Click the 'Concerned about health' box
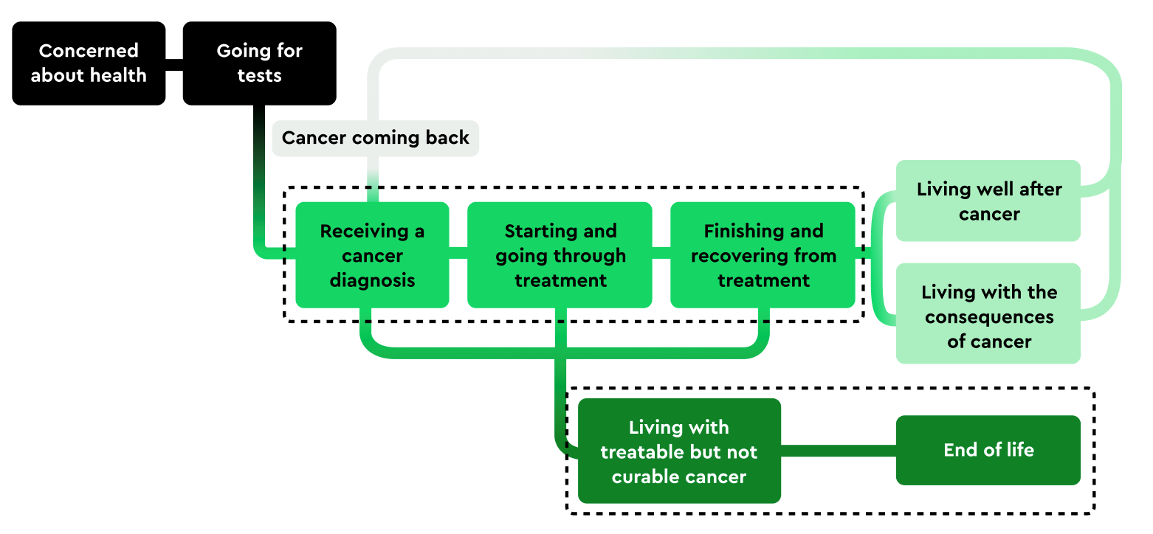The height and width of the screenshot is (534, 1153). [x=89, y=63]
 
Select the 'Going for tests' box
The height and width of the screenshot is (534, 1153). [x=259, y=63]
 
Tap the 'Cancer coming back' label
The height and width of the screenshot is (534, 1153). [x=375, y=138]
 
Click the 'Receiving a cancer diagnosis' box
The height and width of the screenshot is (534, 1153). [x=372, y=255]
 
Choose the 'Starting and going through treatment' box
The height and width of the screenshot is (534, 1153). [x=560, y=255]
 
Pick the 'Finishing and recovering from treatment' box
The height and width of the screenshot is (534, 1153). [x=763, y=255]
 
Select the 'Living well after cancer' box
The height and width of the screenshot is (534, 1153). [x=988, y=201]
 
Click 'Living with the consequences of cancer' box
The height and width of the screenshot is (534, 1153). [x=988, y=313]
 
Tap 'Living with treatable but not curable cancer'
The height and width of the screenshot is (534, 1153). [x=679, y=451]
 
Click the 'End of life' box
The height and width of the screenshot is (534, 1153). [x=988, y=450]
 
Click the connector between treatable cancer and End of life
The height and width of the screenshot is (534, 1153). [x=839, y=451]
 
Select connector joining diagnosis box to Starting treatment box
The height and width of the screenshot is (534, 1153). [x=458, y=252]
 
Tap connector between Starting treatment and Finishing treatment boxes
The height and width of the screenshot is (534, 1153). [x=661, y=252]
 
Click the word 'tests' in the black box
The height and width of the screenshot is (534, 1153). [x=259, y=76]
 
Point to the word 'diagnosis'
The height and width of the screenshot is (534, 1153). [x=372, y=281]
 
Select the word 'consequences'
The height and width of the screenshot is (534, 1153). [x=989, y=318]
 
